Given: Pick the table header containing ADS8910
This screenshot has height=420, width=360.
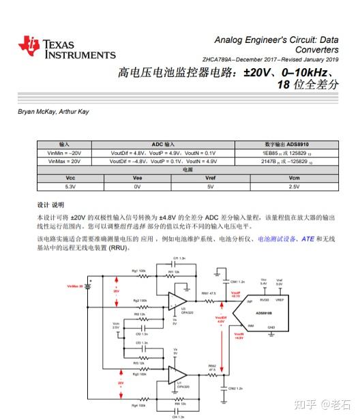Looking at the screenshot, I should click(286, 145).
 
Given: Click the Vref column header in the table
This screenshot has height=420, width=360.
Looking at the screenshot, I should click(210, 177).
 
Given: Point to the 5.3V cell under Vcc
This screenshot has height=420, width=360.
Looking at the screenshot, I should click(70, 185).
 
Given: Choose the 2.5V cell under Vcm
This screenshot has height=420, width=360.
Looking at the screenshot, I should click(294, 185).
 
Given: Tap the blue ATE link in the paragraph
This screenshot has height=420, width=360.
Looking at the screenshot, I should click(307, 239).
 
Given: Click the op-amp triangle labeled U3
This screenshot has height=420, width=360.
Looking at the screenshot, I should click(179, 301).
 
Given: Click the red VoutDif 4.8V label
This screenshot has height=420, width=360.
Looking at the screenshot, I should click(220, 319).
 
